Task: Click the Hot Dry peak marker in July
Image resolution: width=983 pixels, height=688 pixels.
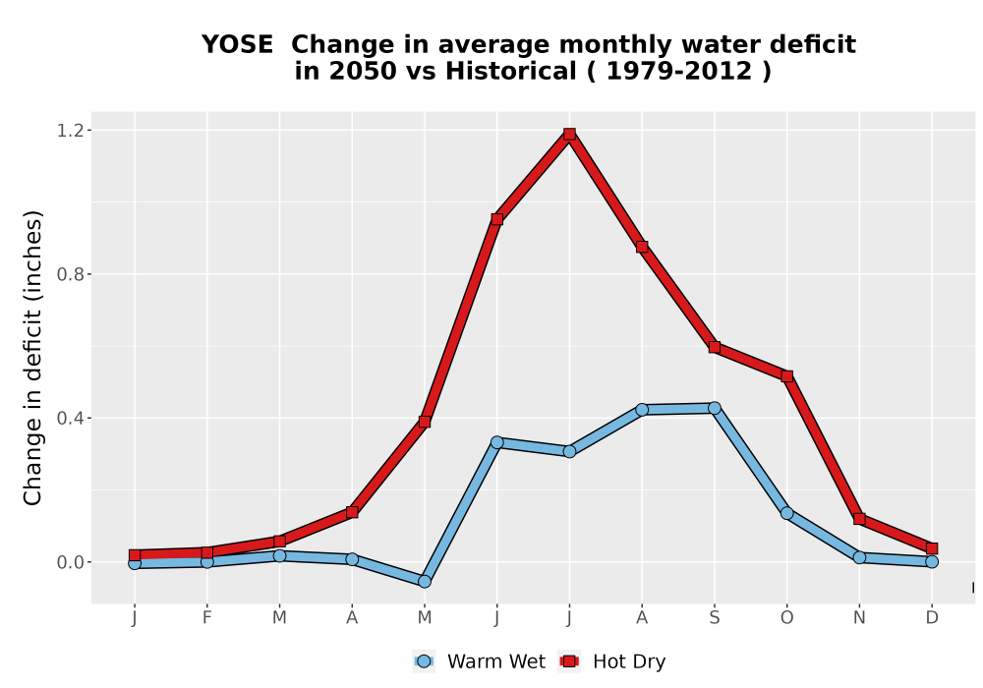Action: [x=569, y=134]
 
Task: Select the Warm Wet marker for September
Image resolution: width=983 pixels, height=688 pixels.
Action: [x=714, y=408]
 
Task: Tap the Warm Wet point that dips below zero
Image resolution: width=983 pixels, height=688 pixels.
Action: [x=425, y=582]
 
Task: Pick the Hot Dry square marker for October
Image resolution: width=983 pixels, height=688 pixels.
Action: [x=786, y=376]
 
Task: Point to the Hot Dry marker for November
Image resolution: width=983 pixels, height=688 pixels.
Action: [x=859, y=519]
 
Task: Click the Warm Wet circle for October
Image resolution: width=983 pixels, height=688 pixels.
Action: [x=786, y=513]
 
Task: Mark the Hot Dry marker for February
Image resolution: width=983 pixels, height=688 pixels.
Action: [x=206, y=552]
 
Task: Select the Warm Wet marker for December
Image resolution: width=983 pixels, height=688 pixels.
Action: [x=932, y=561]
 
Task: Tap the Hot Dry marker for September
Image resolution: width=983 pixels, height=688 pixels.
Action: [x=714, y=347]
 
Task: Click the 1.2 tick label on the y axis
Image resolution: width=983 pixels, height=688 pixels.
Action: [x=70, y=131]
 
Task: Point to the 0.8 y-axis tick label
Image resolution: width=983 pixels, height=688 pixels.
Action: [x=70, y=274]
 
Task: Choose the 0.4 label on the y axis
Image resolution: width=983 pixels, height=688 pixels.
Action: [x=70, y=418]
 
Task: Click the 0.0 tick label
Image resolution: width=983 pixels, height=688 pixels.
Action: [x=70, y=562]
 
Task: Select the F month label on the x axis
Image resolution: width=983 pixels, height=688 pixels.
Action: [x=206, y=618]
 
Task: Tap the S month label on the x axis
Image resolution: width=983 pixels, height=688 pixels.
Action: [x=714, y=618]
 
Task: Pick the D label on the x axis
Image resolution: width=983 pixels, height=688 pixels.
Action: [x=932, y=618]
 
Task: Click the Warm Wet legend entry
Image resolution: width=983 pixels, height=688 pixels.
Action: [x=479, y=661]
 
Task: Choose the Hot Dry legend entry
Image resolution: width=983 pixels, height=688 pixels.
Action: [x=611, y=661]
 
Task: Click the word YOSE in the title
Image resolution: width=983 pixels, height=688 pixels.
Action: [x=237, y=44]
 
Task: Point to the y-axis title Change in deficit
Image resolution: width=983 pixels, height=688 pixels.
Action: [x=32, y=358]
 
